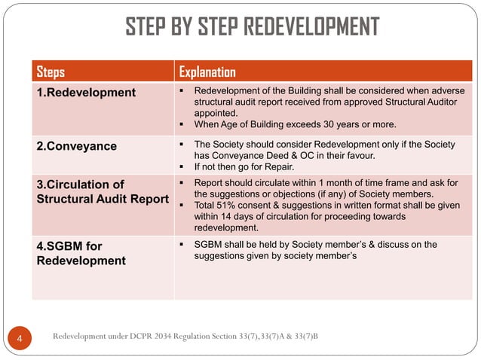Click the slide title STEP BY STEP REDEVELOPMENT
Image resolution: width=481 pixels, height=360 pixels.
click(252, 27)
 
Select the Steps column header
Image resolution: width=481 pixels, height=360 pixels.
click(51, 72)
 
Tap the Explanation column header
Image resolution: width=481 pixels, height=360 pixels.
click(207, 72)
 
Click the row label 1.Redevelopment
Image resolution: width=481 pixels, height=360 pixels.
click(87, 93)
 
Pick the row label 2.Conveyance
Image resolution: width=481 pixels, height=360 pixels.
click(77, 146)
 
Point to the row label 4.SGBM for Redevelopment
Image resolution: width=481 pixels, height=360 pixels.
click(81, 253)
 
